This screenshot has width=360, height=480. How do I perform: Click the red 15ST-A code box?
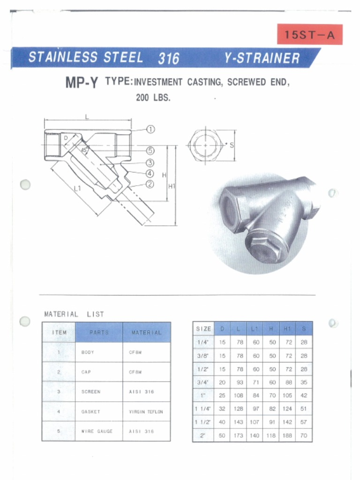309,35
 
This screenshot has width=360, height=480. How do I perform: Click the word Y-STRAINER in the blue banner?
262,58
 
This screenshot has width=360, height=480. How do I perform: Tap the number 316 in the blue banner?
168,59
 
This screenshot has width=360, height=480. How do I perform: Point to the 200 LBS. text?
153,98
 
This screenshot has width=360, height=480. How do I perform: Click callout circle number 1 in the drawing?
150,129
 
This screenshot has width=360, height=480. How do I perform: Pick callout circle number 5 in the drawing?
150,150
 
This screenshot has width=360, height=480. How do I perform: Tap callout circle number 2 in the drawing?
150,184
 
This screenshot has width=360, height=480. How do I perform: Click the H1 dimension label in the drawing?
172,186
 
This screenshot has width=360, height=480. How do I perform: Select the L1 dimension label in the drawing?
77,188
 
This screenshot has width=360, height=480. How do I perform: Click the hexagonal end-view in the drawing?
205,145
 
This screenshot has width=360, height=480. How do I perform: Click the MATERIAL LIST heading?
74,314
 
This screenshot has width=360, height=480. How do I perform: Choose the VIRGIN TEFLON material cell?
146,412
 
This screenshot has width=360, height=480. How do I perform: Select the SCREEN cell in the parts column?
90,392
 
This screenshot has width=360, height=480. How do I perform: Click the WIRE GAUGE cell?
97,431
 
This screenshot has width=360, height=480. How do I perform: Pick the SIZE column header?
203,329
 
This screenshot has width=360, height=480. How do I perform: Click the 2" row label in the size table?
203,435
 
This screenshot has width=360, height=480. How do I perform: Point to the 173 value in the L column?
240,435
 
